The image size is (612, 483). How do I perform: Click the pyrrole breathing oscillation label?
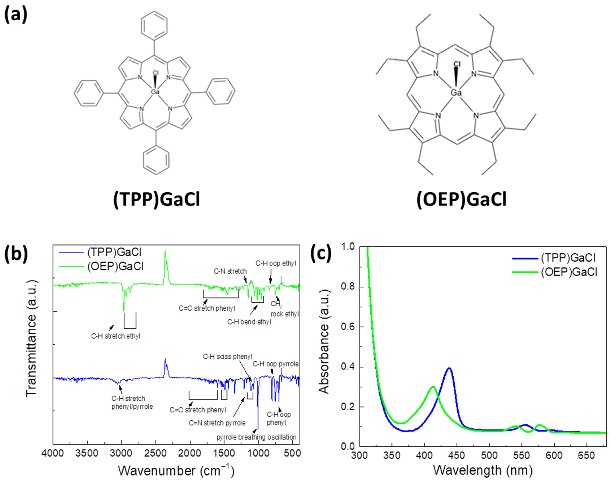[256, 437]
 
